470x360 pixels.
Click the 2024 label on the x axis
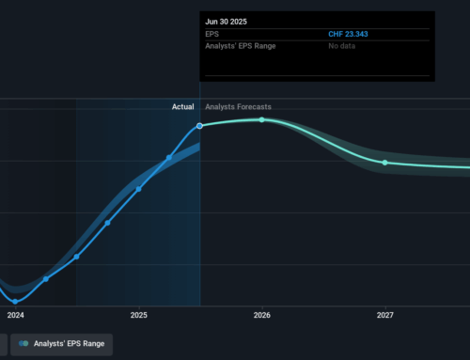coord(15,315)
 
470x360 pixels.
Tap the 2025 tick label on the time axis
coord(139,315)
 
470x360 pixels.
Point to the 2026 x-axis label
coord(262,315)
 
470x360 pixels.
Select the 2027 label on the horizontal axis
coord(385,315)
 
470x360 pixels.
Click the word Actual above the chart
coord(182,107)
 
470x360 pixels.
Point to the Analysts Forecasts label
coord(238,107)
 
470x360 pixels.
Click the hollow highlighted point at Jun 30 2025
coord(200,126)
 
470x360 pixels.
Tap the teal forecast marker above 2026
coord(262,119)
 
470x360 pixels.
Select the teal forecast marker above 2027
coord(384,163)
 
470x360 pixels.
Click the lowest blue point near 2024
coord(15,301)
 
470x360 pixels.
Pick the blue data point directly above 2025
coord(139,189)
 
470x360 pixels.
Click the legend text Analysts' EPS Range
coord(70,344)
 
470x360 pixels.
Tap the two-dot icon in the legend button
coord(23,344)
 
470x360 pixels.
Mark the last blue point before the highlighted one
coord(170,157)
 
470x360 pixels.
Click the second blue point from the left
coord(46,279)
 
